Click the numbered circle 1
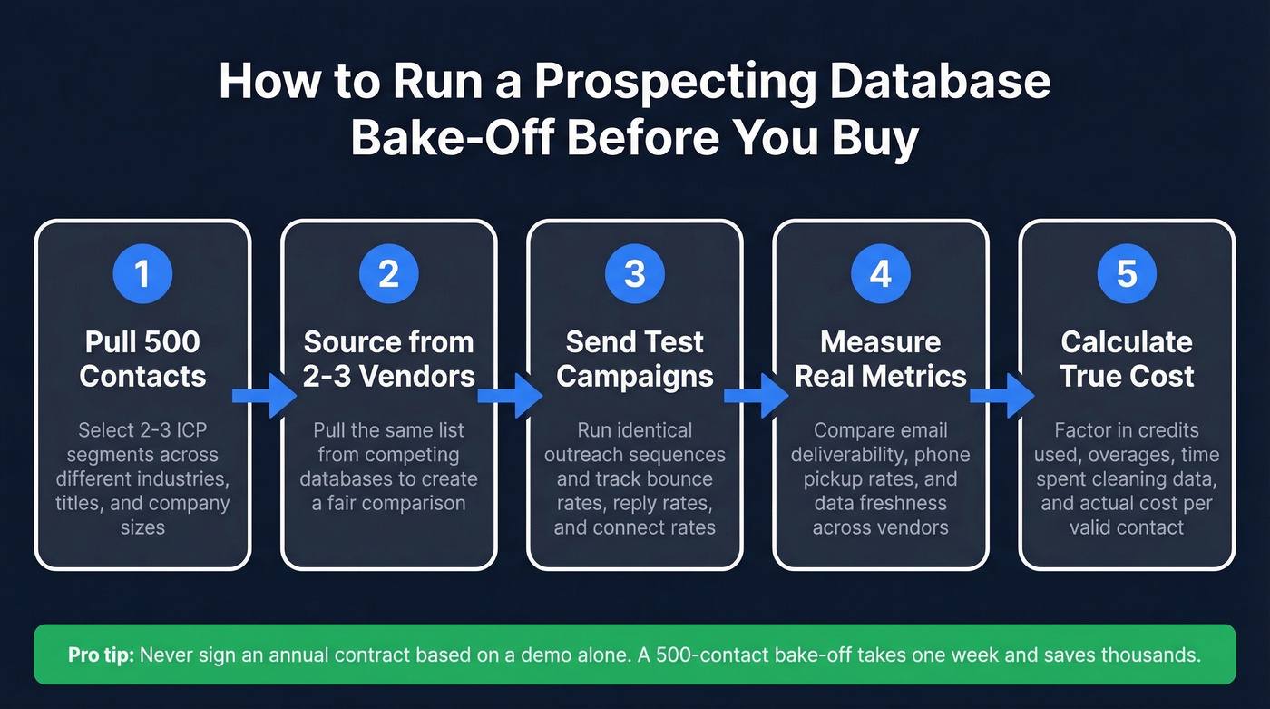click(142, 274)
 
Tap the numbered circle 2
click(388, 274)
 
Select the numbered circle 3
click(634, 274)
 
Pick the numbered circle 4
click(881, 274)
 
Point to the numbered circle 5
click(1127, 274)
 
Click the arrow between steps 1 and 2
click(264, 395)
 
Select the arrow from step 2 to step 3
click(510, 395)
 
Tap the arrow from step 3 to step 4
click(757, 395)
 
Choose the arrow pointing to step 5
click(1002, 395)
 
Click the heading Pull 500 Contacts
click(142, 359)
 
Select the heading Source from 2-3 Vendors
click(388, 359)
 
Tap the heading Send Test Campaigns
click(634, 359)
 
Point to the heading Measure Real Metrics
click(881, 359)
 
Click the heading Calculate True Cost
click(1127, 359)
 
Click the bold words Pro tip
click(100, 655)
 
